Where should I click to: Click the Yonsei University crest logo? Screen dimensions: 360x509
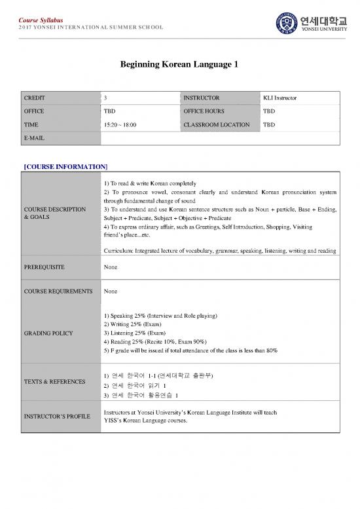coord(285,26)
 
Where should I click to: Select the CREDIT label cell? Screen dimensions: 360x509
coord(35,98)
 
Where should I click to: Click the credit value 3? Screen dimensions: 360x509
coord(105,98)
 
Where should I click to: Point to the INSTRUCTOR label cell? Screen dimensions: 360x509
coord(202,98)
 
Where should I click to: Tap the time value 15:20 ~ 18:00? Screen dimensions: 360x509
coord(120,124)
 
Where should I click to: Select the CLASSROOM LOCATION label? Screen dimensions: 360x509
coord(217,124)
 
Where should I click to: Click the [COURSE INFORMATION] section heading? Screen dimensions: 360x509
coord(65,166)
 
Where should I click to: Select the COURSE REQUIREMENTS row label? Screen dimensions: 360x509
coord(58,291)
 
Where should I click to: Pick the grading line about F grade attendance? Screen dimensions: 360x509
coord(190,350)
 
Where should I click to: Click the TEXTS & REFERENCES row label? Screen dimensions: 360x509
coord(54,381)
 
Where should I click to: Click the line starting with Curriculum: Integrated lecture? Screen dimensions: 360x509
coord(220,250)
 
